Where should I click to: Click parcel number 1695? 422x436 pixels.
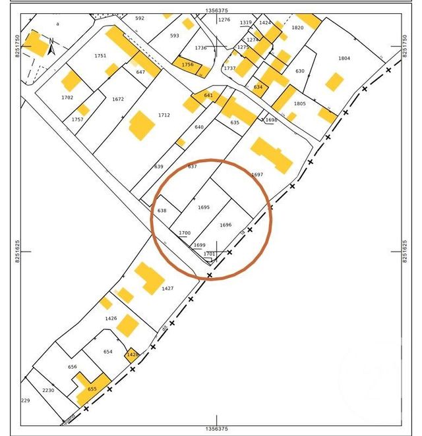203,207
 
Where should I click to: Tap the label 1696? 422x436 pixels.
226,225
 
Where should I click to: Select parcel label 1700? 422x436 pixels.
185,233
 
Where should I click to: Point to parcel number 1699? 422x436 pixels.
199,245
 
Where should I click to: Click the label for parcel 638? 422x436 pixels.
162,211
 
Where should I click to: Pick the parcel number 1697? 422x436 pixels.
257,175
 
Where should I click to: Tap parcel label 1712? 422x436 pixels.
164,115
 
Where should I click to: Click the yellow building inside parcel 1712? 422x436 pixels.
141,125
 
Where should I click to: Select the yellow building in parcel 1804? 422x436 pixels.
334,82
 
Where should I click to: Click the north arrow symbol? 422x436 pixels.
51,45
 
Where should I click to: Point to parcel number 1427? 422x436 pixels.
167,288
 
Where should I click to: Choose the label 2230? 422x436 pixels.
48,391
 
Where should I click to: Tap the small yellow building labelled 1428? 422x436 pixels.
132,355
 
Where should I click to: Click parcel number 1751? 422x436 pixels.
100,56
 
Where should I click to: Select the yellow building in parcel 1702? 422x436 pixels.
71,81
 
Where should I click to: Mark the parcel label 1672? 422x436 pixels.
118,99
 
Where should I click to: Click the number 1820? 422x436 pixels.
297,28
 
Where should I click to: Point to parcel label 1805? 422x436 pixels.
300,103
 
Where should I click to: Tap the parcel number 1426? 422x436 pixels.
111,318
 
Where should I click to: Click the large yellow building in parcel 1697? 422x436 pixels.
271,154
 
